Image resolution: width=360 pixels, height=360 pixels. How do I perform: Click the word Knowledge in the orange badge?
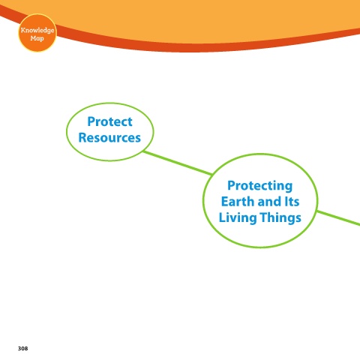click(37, 30)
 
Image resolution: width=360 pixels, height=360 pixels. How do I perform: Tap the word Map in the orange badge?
click(37, 38)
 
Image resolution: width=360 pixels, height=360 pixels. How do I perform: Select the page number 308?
click(22, 349)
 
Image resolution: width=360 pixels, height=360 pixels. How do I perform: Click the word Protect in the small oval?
click(109, 122)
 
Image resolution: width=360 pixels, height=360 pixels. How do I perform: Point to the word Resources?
click(109, 138)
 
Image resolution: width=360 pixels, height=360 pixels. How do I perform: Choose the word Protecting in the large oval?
click(260, 186)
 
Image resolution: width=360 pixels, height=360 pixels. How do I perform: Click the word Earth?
click(238, 202)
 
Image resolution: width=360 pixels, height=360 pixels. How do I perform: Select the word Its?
click(292, 202)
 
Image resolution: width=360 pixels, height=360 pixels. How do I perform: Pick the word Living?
click(238, 217)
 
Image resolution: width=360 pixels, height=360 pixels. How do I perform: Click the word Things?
click(280, 217)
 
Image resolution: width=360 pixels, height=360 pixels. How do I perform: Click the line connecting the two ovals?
click(178, 163)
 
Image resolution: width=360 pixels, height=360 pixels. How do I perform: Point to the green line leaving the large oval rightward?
click(338, 218)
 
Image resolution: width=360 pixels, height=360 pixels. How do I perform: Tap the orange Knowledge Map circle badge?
click(37, 33)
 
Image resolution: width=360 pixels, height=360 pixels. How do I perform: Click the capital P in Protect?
click(91, 121)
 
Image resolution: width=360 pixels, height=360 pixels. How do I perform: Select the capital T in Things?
click(264, 217)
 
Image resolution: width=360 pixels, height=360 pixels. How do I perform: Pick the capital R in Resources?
click(83, 138)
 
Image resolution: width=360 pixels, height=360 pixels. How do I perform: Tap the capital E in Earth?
click(225, 202)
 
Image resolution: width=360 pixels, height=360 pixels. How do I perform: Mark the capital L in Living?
click(223, 217)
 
